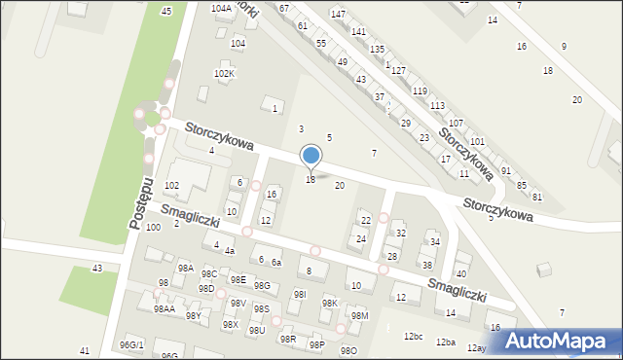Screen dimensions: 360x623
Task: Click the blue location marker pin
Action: [x=311, y=157]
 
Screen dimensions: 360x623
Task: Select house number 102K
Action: [x=224, y=74]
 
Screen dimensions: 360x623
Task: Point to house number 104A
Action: [x=221, y=8]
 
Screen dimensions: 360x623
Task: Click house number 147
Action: [x=338, y=14]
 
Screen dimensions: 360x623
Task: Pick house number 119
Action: [x=420, y=90]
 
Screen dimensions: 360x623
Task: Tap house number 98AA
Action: [x=164, y=308]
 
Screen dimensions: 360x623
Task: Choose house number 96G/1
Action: [x=131, y=344]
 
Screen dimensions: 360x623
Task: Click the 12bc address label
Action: [x=414, y=337]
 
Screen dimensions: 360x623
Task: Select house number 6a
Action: [x=276, y=263]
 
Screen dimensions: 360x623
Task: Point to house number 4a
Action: [x=230, y=251]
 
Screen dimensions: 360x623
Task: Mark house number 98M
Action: [x=360, y=315]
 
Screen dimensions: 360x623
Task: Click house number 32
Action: [x=400, y=234]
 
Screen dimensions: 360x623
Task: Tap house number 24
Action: [x=361, y=238]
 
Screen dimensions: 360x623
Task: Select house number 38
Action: [x=426, y=265]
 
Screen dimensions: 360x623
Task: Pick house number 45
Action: [x=166, y=11]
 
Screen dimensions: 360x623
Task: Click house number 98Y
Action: [x=194, y=315]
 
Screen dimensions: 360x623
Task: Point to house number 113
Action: [x=437, y=105]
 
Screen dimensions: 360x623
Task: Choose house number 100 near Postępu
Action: [x=153, y=227]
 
